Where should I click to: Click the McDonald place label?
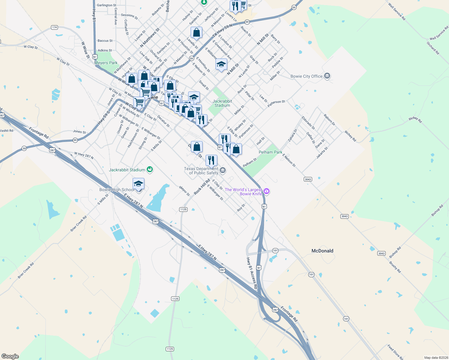(x=322, y=251)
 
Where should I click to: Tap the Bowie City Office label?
(x=306, y=76)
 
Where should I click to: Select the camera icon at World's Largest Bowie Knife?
(x=267, y=191)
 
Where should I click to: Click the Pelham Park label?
(x=270, y=152)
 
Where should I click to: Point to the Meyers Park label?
(x=106, y=63)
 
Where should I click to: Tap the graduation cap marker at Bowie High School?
(x=138, y=184)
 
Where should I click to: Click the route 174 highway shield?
(x=54, y=27)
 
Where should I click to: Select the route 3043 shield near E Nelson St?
(x=308, y=179)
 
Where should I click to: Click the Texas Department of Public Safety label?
(x=201, y=171)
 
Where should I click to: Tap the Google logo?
(x=10, y=356)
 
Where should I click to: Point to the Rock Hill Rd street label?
(x=202, y=187)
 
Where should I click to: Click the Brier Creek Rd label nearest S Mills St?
(x=79, y=223)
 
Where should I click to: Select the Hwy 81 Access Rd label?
(x=252, y=273)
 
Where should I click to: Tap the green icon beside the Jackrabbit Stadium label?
(x=150, y=169)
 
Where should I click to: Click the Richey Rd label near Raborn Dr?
(x=350, y=136)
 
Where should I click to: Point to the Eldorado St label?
(x=308, y=123)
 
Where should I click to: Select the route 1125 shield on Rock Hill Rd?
(x=183, y=209)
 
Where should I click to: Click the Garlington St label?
(x=107, y=5)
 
